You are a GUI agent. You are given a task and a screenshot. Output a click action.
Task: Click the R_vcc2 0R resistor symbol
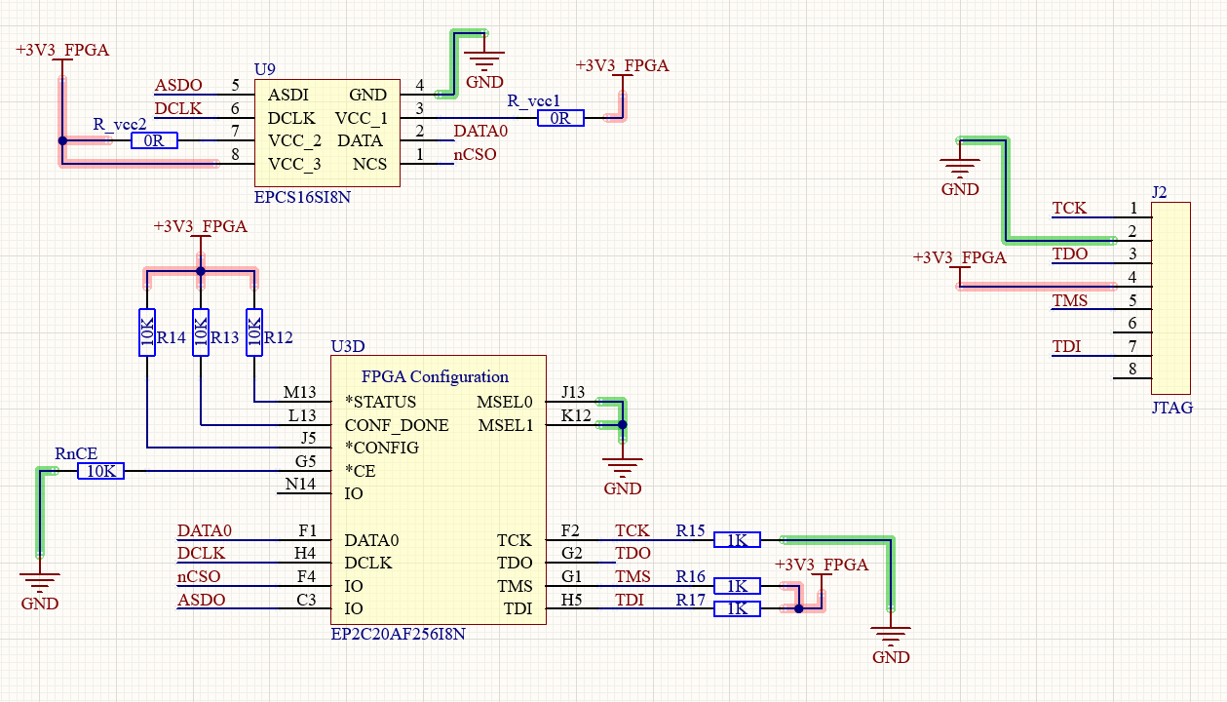pyautogui.click(x=154, y=141)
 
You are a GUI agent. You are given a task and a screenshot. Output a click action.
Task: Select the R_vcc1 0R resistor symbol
pyautogui.click(x=560, y=118)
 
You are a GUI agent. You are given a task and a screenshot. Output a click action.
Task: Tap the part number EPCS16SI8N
pyautogui.click(x=302, y=196)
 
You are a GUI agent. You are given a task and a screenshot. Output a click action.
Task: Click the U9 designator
pyautogui.click(x=264, y=69)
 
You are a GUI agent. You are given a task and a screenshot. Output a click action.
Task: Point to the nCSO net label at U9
pyautogui.click(x=475, y=154)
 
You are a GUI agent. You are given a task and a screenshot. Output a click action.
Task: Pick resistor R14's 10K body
pyautogui.click(x=146, y=332)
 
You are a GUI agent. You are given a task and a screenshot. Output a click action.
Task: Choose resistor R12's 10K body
pyautogui.click(x=254, y=332)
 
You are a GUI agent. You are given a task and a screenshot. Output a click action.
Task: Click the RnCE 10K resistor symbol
pyautogui.click(x=100, y=471)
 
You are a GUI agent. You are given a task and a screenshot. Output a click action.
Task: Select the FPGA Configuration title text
pyautogui.click(x=435, y=376)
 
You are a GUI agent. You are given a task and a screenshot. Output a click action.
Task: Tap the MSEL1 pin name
pyautogui.click(x=506, y=425)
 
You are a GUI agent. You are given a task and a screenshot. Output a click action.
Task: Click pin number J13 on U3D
pyautogui.click(x=573, y=393)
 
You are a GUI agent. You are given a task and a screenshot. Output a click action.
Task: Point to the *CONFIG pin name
pyautogui.click(x=381, y=448)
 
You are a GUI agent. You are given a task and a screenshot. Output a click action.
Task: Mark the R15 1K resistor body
pyautogui.click(x=737, y=540)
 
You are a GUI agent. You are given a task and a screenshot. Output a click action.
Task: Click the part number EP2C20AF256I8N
pyautogui.click(x=398, y=634)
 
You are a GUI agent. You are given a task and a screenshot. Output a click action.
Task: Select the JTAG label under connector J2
pyautogui.click(x=1171, y=408)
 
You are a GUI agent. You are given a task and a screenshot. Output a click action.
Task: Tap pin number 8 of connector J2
pyautogui.click(x=1132, y=369)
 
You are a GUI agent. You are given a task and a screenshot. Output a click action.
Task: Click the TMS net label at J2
pyautogui.click(x=1069, y=300)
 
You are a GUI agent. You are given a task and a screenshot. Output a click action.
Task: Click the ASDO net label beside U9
pyautogui.click(x=178, y=86)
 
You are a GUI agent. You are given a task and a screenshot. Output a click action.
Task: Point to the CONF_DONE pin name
pyautogui.click(x=397, y=425)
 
